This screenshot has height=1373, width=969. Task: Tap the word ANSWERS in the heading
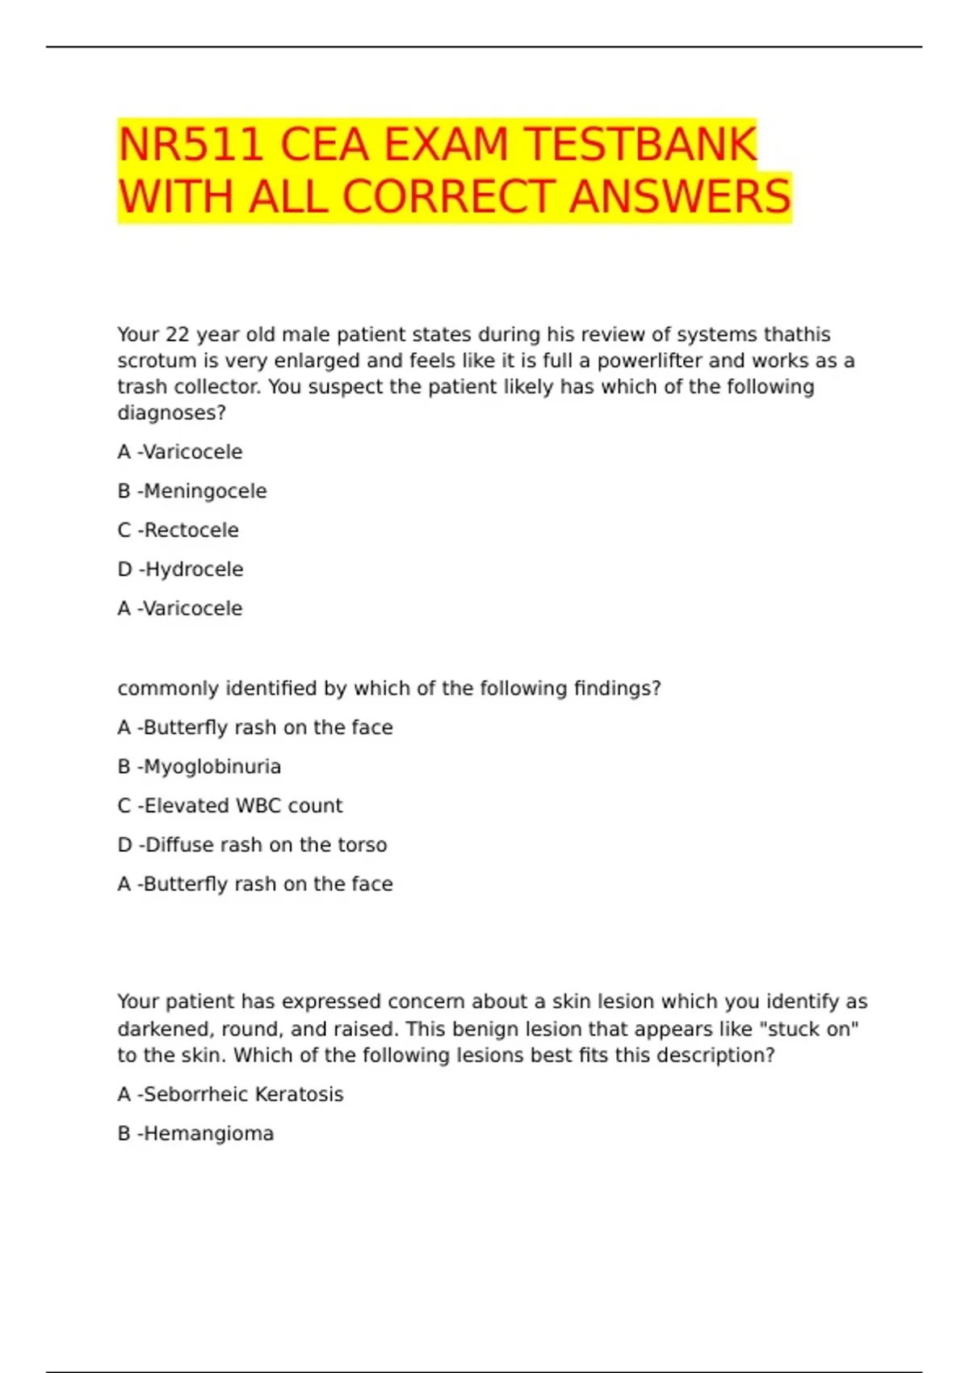point(680,197)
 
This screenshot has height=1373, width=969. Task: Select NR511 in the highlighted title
point(191,145)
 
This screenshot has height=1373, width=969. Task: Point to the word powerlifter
point(649,360)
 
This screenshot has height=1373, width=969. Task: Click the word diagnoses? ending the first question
point(171,413)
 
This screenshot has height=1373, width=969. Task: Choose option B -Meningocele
point(192,491)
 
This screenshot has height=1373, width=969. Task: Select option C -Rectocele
point(178,530)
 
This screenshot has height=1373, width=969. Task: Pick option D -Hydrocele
point(180,569)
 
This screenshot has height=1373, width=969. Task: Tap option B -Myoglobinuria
point(199,766)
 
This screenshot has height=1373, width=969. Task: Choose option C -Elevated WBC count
point(230,805)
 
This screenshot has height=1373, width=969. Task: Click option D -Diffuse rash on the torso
point(252,845)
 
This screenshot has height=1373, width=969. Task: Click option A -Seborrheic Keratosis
point(230,1094)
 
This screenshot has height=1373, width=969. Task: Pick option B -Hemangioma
point(195,1133)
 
